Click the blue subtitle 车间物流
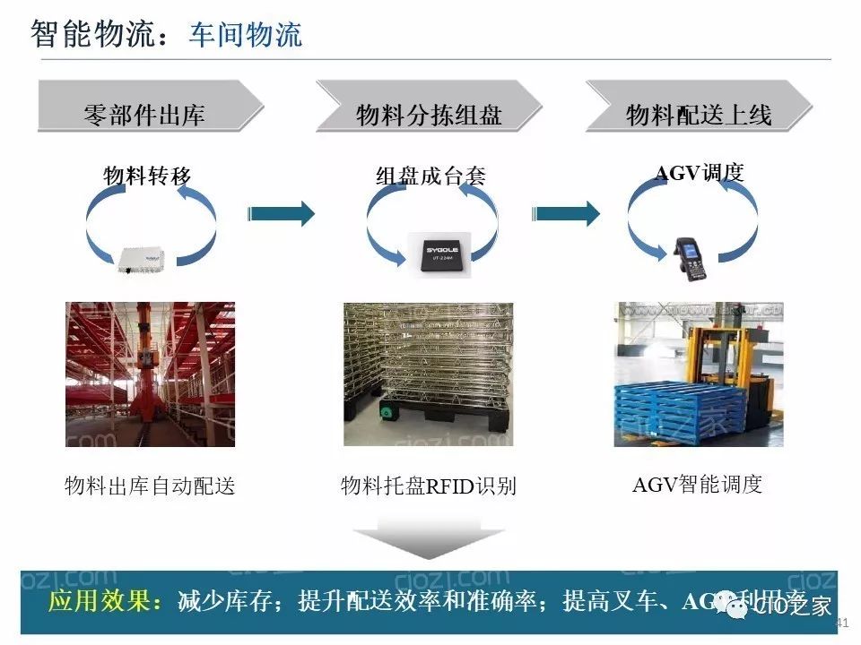(x=245, y=34)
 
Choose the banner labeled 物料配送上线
(x=698, y=115)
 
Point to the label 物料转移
(x=148, y=176)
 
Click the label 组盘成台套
(x=430, y=176)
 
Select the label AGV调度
(x=700, y=173)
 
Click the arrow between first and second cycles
(x=281, y=213)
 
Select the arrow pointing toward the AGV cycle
(x=566, y=213)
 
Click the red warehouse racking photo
(x=151, y=374)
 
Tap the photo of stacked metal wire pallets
(x=428, y=374)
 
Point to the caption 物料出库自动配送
(x=150, y=486)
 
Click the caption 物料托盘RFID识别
(x=429, y=486)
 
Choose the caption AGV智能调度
(x=697, y=485)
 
